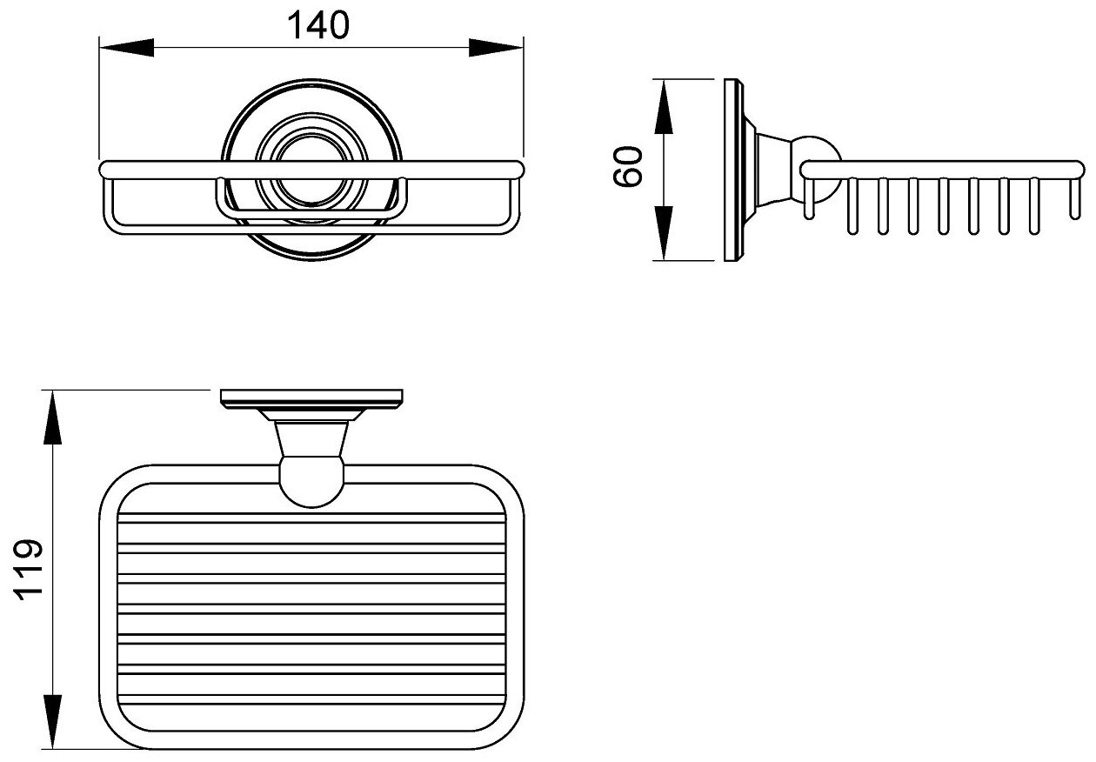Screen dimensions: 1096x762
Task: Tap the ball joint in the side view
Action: [x=818, y=157]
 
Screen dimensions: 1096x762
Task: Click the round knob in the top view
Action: [x=311, y=484]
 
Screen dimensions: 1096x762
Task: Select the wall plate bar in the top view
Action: [x=312, y=398]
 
